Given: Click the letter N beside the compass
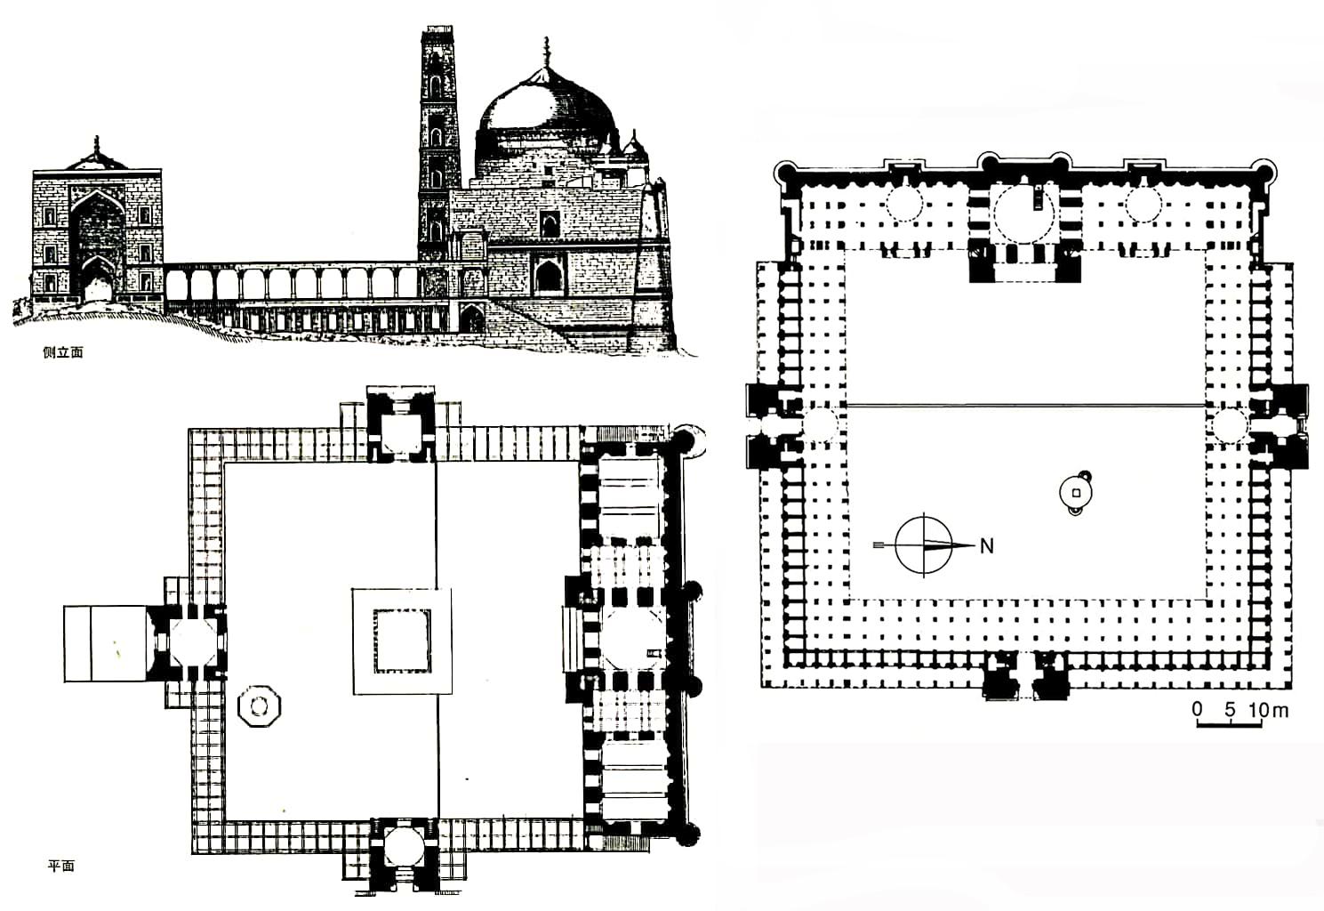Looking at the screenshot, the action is (x=986, y=545).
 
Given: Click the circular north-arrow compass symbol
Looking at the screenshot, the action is (x=924, y=544).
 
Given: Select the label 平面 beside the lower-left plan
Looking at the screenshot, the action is (x=60, y=865).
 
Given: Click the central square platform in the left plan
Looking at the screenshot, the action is (x=402, y=641).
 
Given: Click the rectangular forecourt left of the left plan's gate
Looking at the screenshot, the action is (x=105, y=644).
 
